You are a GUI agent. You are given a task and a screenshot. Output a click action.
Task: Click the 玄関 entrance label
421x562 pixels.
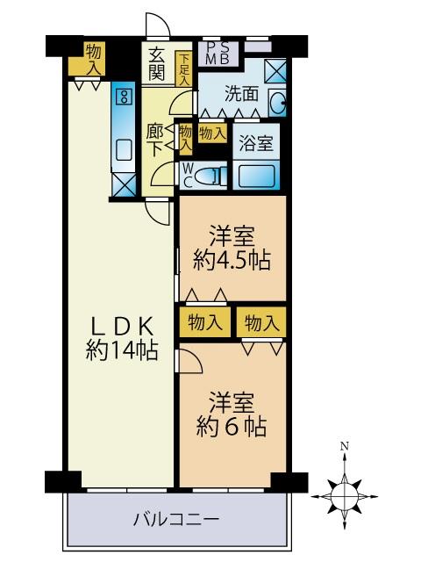click(157, 64)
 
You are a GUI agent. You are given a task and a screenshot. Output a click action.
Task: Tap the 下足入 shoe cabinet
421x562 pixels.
click(183, 68)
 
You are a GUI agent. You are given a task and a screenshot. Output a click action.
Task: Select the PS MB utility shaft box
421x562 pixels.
click(218, 54)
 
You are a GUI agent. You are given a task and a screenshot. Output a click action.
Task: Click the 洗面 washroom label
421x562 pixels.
click(241, 94)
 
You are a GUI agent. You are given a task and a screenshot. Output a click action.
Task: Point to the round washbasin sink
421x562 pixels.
click(277, 103)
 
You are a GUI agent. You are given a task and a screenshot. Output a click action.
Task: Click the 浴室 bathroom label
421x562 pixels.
click(255, 142)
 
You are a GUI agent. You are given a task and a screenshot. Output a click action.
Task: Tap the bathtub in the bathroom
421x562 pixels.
click(256, 176)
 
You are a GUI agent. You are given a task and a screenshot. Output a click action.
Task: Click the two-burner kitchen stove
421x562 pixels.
click(125, 96)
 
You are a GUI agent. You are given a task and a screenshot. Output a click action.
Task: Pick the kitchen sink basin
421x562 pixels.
click(124, 150)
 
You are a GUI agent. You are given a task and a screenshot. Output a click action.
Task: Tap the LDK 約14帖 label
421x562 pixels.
click(122, 338)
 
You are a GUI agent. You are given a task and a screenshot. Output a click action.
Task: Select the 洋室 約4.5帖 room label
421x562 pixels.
click(232, 248)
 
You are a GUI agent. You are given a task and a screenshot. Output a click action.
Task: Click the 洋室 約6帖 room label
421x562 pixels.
click(232, 414)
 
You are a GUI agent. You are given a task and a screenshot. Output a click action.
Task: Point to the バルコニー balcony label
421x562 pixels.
click(176, 519)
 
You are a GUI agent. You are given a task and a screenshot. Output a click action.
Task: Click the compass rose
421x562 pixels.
click(345, 496)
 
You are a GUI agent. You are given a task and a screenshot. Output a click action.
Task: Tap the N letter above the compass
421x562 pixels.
click(345, 447)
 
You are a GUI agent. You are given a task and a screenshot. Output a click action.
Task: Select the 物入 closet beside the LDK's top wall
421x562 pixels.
click(94, 59)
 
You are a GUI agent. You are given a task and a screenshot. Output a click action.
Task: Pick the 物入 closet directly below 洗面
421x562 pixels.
click(212, 133)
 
